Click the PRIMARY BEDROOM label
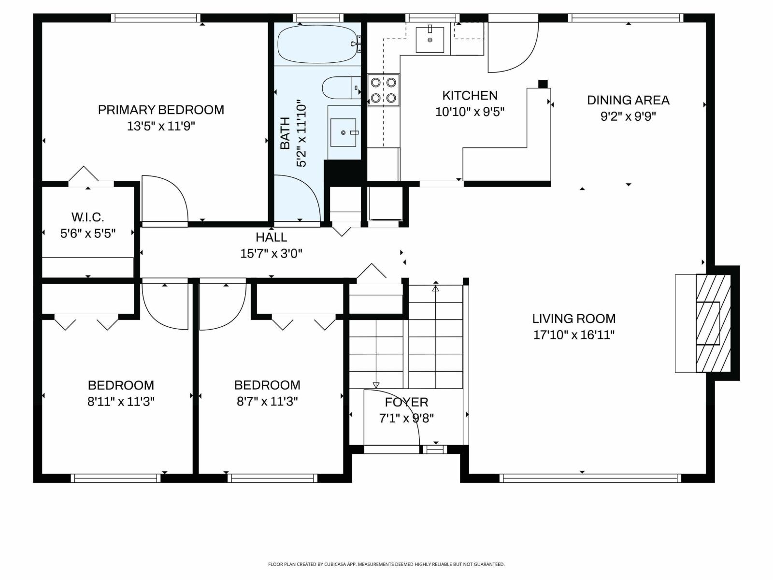161,110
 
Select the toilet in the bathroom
340,88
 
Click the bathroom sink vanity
344,132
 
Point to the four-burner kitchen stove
383,90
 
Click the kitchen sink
429,40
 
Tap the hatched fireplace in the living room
713,323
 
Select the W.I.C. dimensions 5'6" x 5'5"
88,233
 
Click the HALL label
271,237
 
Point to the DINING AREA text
628,100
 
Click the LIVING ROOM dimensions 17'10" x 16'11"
573,334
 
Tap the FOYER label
406,402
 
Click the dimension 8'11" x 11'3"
121,401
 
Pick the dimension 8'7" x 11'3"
267,401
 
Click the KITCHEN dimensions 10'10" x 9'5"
470,112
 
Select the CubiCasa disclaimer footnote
386,564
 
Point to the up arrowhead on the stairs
436,289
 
